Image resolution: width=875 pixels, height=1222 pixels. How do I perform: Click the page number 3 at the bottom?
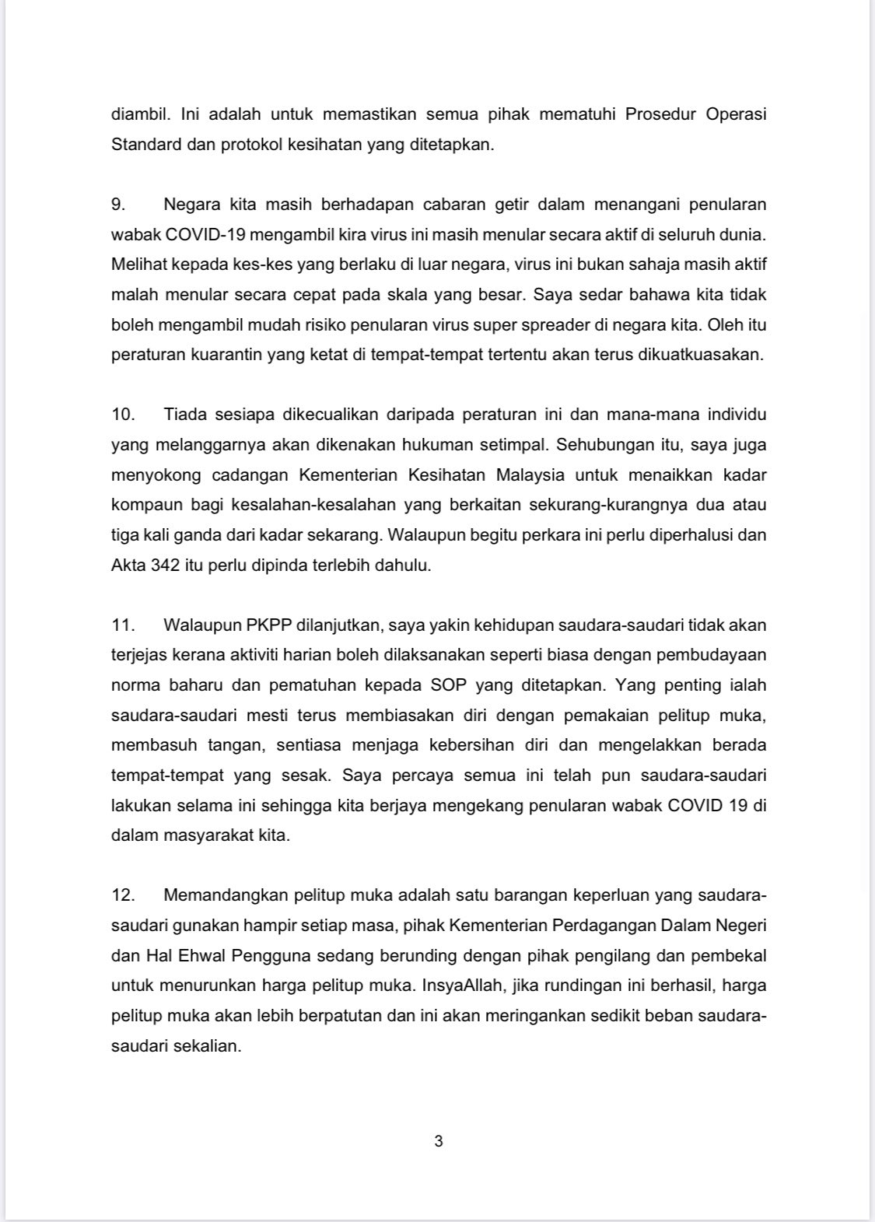(x=438, y=1141)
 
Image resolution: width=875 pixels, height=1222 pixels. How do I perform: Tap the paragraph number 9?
(x=118, y=205)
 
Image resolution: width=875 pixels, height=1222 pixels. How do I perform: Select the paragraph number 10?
(x=123, y=415)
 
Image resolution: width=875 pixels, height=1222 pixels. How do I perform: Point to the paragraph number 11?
(x=123, y=625)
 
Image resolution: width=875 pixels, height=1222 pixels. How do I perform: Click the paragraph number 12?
(x=123, y=895)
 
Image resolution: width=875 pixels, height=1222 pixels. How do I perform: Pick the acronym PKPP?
(x=274, y=625)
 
